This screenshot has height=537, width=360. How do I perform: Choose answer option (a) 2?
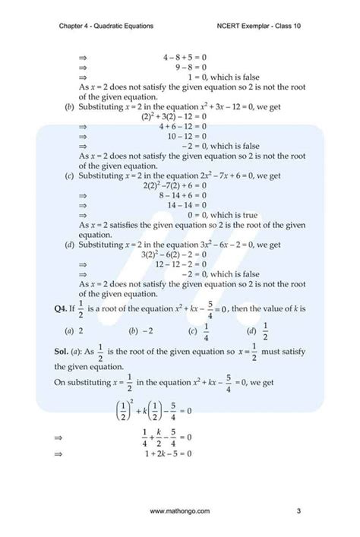[73, 330]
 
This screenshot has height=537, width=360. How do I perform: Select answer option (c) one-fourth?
[199, 330]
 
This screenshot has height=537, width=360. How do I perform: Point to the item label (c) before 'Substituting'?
[70, 175]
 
